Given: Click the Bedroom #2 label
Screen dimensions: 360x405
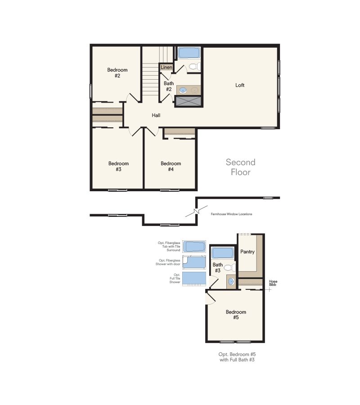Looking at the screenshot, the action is [x=117, y=72].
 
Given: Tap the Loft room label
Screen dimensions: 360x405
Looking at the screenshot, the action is [x=240, y=85].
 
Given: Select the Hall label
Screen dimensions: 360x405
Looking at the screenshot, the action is [x=156, y=115].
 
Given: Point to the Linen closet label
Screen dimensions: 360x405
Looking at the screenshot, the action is [x=166, y=67].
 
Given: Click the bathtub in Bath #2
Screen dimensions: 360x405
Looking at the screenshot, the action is [x=189, y=53].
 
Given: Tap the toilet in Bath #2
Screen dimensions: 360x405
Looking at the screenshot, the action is [x=195, y=67].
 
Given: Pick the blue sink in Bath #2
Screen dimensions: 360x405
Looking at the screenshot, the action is [x=183, y=90].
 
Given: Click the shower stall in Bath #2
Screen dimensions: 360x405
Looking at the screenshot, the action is [x=188, y=101].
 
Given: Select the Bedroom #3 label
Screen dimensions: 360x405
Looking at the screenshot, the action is [x=118, y=166].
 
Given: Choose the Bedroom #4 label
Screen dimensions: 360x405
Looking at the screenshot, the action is [x=171, y=166].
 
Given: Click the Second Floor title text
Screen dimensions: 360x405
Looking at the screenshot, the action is [x=240, y=167].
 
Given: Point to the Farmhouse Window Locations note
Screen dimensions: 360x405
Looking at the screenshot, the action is [x=231, y=214].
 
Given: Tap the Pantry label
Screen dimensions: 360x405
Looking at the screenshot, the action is [x=247, y=252].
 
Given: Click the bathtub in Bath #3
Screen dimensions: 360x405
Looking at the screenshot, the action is [x=223, y=253].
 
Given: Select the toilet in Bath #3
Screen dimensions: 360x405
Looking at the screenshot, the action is [x=229, y=268].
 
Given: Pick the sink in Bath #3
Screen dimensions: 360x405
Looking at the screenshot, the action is [x=231, y=281].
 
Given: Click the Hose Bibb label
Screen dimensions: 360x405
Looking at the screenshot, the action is [x=273, y=283].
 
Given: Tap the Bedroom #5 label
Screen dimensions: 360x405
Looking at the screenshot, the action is [x=236, y=315].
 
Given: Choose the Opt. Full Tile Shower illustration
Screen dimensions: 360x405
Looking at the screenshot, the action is [x=194, y=279].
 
